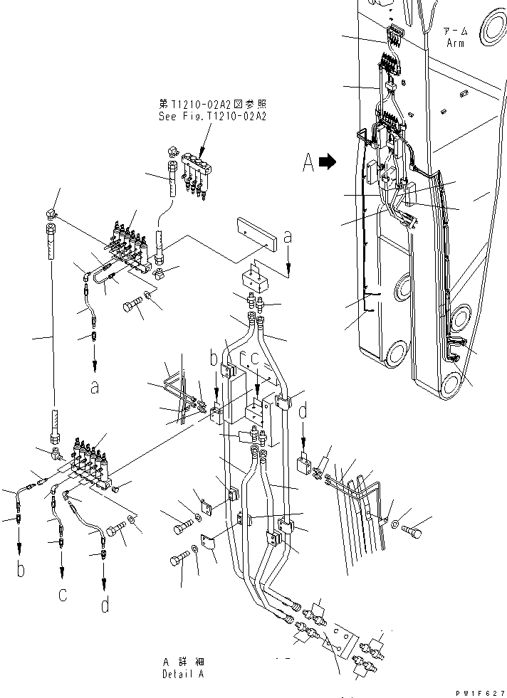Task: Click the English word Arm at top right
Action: [455, 43]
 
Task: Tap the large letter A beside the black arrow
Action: [308, 163]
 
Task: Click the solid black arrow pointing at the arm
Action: [328, 163]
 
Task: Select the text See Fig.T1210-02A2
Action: [212, 116]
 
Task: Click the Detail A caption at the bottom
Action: [182, 673]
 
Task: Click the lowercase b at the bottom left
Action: [20, 570]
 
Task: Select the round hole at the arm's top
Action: [492, 31]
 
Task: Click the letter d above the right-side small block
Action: [303, 412]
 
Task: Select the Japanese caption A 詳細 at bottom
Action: [182, 662]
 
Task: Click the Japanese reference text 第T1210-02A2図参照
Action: [212, 104]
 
